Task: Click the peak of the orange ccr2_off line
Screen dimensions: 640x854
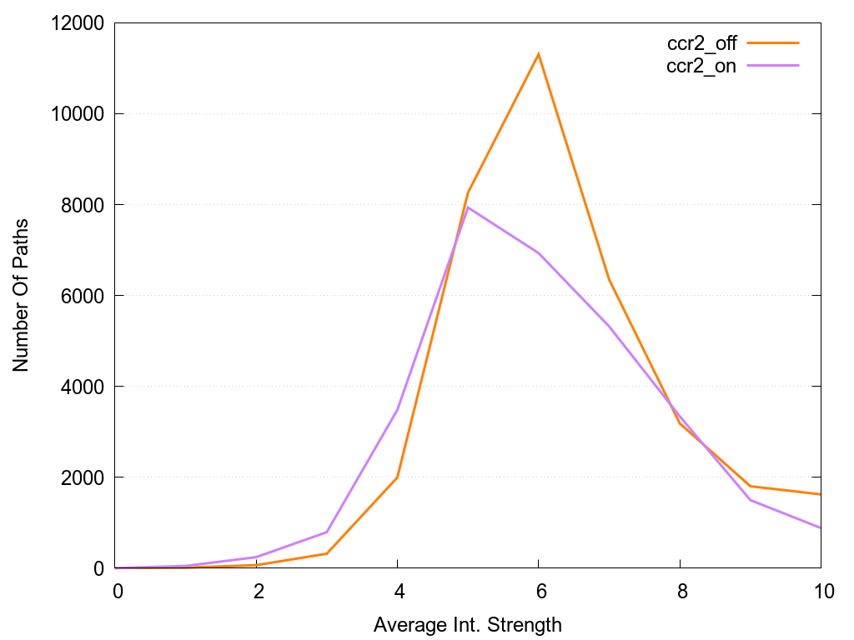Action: pos(539,54)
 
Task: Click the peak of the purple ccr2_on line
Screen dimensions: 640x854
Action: pos(468,207)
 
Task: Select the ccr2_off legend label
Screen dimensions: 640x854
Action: pos(701,43)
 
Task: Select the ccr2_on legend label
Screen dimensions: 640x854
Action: pos(701,67)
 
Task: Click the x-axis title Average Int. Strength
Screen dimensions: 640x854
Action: pos(468,624)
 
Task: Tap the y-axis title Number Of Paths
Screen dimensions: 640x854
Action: pos(21,295)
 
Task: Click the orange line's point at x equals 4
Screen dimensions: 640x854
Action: pos(398,477)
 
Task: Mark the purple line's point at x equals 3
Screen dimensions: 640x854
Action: pos(328,532)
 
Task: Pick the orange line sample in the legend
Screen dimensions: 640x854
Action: pos(773,42)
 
